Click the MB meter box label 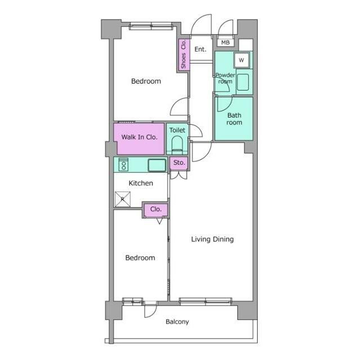click(x=225, y=43)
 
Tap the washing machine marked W click(x=241, y=60)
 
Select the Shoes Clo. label click(x=183, y=55)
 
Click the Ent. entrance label click(x=200, y=49)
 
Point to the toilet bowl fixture click(x=177, y=145)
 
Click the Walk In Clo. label click(x=139, y=137)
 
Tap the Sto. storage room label click(x=179, y=163)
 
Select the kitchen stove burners click(x=124, y=165)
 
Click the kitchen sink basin click(x=157, y=165)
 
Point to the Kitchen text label click(x=141, y=183)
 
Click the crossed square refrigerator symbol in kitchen click(x=123, y=199)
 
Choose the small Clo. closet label click(x=156, y=209)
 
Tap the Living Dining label click(x=213, y=239)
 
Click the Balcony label click(x=177, y=322)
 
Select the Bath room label click(x=234, y=119)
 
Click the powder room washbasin click(x=242, y=82)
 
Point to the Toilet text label click(x=177, y=130)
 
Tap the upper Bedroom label click(x=146, y=81)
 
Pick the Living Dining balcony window click(x=205, y=301)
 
